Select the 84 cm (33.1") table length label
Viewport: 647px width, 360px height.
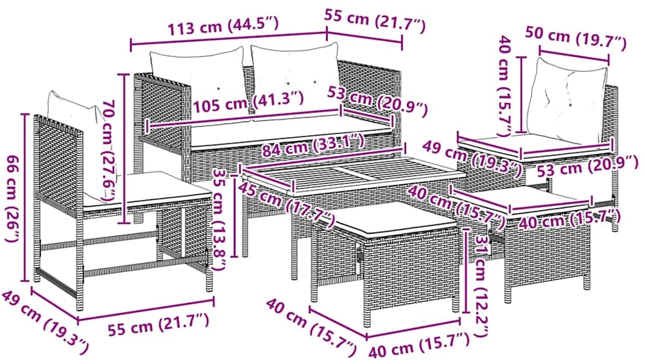click(x=314, y=145)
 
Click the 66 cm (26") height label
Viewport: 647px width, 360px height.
click(x=14, y=199)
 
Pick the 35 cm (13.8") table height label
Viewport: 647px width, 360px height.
click(x=219, y=218)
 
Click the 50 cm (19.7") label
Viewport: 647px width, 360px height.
click(x=575, y=37)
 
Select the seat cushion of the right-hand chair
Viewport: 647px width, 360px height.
click(x=532, y=146)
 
